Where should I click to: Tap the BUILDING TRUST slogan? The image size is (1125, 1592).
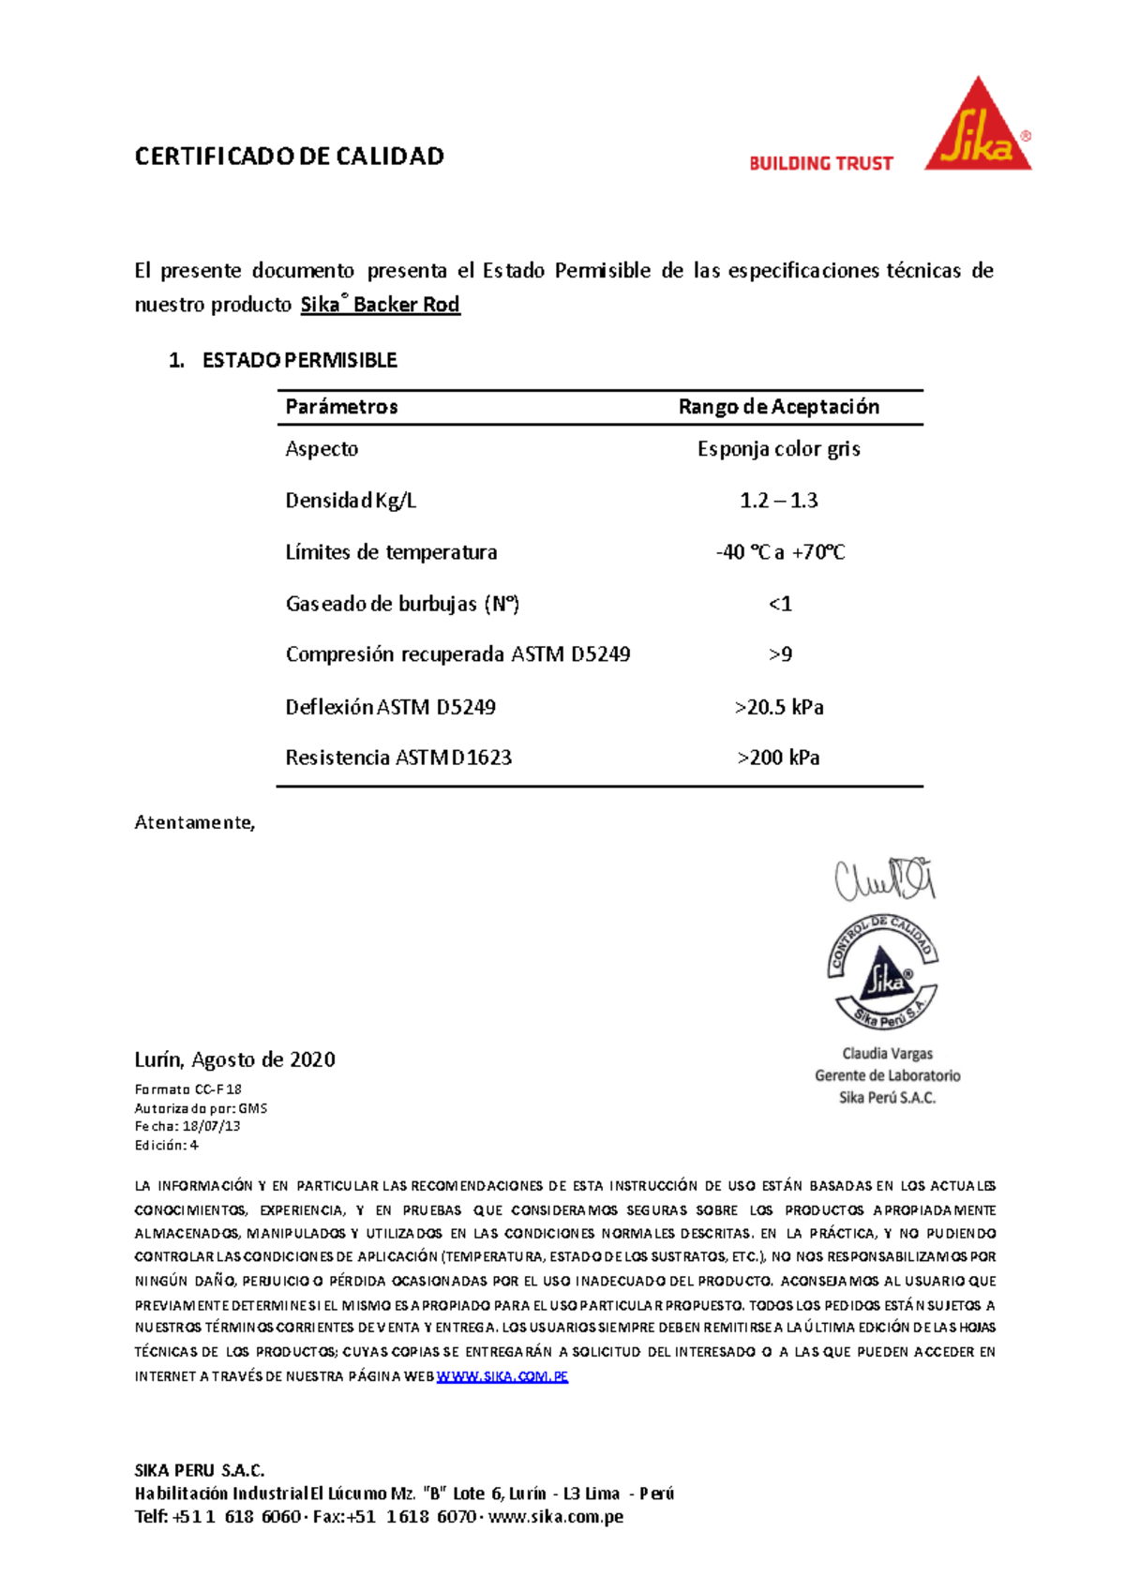(x=820, y=163)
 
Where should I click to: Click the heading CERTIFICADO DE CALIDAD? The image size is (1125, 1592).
(x=289, y=157)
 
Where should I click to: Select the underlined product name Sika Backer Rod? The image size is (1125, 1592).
(x=380, y=305)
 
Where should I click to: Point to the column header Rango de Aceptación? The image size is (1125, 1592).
(x=778, y=407)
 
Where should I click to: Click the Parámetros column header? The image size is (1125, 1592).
(x=341, y=407)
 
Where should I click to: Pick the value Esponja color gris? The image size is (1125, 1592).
(x=778, y=449)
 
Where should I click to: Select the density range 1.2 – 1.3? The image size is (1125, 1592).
(x=778, y=501)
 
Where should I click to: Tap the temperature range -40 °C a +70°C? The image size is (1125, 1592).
(x=780, y=552)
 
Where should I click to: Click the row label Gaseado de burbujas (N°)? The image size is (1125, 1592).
(x=402, y=604)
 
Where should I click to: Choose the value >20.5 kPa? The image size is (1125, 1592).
(x=779, y=707)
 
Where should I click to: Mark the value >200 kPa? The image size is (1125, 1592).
(x=778, y=758)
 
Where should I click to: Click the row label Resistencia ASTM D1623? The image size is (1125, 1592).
(x=398, y=758)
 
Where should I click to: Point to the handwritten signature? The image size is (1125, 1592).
(x=885, y=879)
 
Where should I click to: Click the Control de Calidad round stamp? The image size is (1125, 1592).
(x=882, y=973)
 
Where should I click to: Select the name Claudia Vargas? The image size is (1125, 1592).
(x=887, y=1054)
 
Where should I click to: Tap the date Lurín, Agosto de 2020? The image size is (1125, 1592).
(x=234, y=1059)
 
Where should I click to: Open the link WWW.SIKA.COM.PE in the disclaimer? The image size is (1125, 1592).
(x=502, y=1376)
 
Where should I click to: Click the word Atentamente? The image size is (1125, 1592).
(x=194, y=822)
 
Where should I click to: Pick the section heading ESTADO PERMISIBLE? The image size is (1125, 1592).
(x=299, y=360)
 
